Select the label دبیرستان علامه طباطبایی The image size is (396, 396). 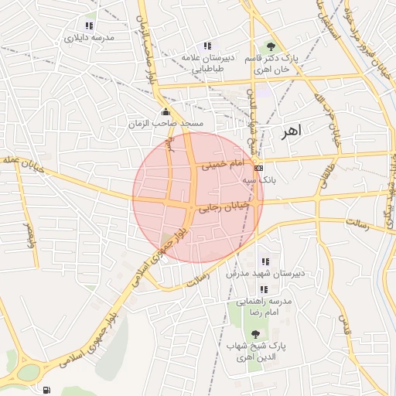[x=202, y=63]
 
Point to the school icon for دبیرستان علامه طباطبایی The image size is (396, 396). [x=206, y=46]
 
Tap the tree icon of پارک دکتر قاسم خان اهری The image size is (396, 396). [x=270, y=46]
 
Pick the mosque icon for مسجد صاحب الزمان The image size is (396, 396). [x=166, y=112]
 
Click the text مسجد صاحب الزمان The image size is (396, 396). [x=166, y=124]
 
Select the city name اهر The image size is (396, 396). [x=289, y=131]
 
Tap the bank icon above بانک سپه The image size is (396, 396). [x=258, y=167]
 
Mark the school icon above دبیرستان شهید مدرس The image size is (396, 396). [x=265, y=262]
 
